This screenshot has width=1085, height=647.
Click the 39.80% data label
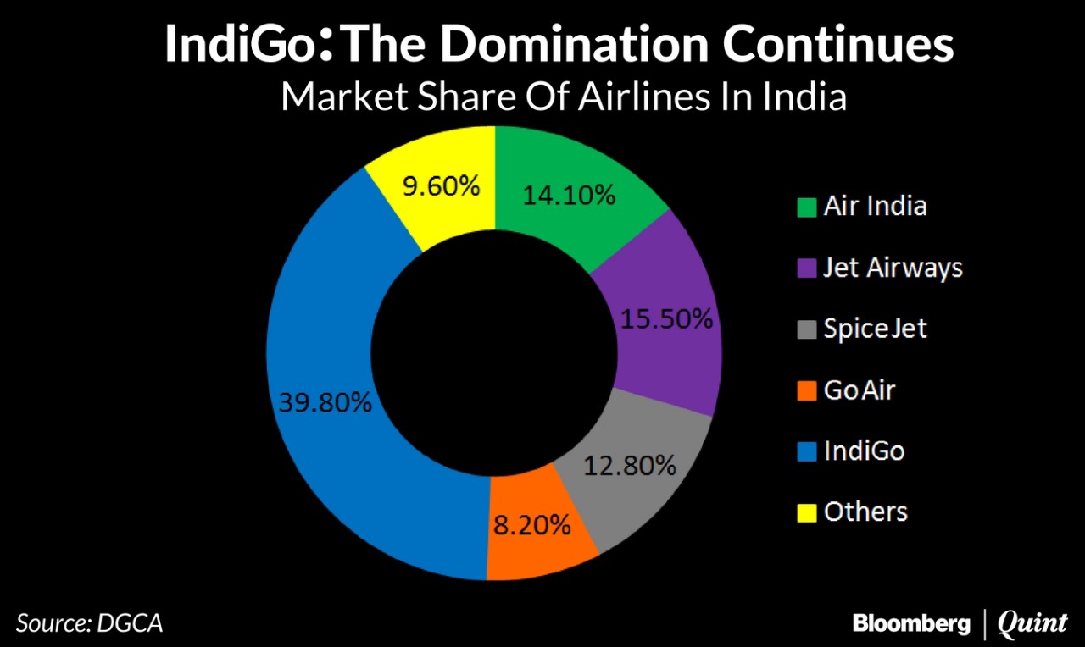(x=325, y=402)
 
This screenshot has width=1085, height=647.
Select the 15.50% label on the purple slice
(x=666, y=319)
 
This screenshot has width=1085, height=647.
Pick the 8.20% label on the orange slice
(x=532, y=525)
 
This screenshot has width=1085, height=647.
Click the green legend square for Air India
(x=807, y=207)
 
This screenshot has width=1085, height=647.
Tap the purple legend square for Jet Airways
(x=807, y=268)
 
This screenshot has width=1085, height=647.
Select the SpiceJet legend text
(x=876, y=329)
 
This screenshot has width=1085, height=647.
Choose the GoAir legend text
(x=860, y=390)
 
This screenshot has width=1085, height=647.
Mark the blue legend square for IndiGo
(x=807, y=451)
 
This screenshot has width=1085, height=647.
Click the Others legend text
(x=865, y=512)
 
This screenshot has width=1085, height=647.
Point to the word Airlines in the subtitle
(x=644, y=97)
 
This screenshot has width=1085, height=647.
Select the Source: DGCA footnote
(x=89, y=624)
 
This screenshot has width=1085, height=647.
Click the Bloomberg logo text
(x=911, y=624)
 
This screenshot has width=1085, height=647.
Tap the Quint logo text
(x=1032, y=624)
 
